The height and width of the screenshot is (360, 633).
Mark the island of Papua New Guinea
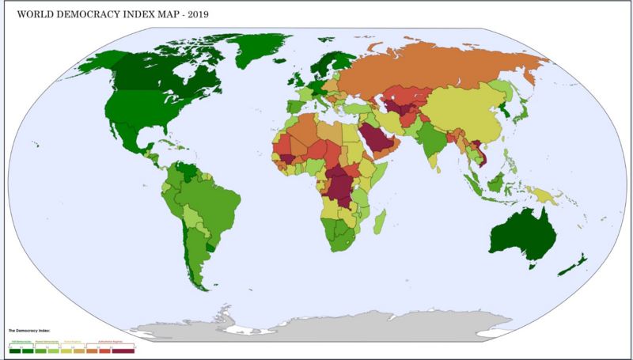point(545,194)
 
